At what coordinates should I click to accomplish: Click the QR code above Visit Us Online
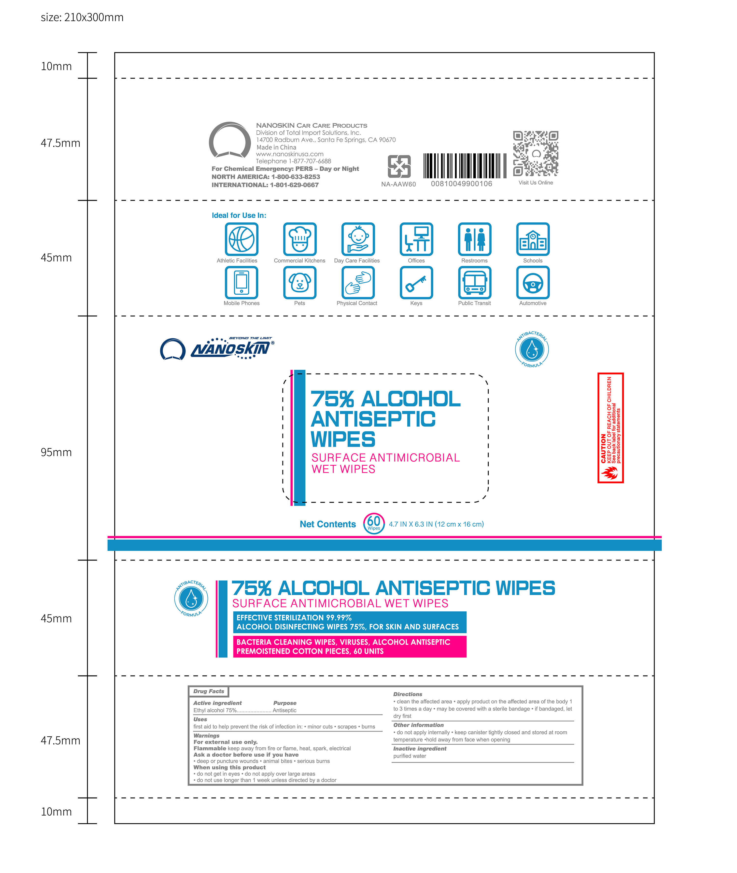tap(535, 153)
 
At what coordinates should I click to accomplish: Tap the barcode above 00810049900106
tap(464, 166)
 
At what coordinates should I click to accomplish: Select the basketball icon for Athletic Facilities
tap(241, 239)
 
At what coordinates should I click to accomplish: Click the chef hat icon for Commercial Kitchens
tap(299, 239)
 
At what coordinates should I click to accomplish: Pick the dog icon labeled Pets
tap(299, 283)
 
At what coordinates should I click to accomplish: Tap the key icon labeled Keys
tap(416, 283)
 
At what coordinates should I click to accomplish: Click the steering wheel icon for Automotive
tap(533, 283)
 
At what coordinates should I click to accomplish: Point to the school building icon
tap(533, 239)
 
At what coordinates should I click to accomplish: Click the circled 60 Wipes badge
tap(373, 523)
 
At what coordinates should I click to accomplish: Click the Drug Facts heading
tap(209, 691)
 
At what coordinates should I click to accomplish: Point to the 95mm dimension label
tap(56, 452)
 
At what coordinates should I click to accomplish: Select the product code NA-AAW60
tap(398, 184)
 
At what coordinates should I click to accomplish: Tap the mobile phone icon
tap(241, 283)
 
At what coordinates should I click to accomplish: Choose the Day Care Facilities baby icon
tap(358, 239)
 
